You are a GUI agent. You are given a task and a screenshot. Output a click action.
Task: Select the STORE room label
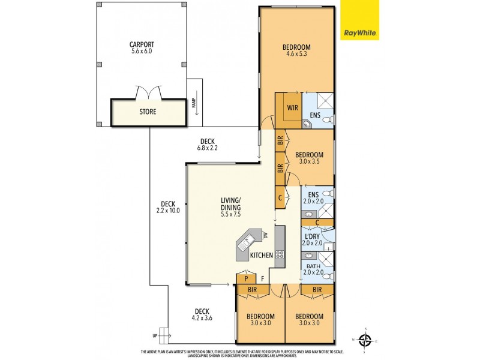click(148, 112)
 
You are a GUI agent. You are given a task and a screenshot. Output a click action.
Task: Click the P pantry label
click(245, 278)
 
